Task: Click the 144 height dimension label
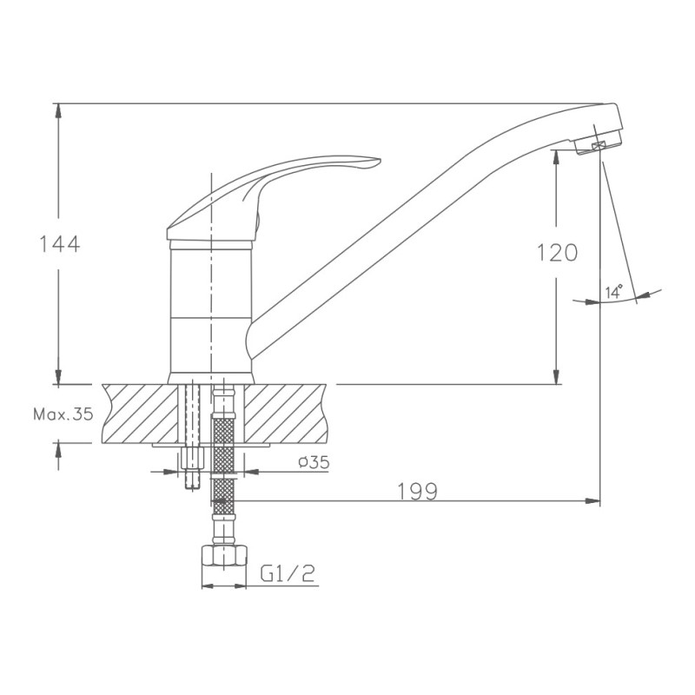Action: coord(60,244)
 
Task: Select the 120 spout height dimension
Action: coord(558,253)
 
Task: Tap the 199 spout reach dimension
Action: coord(418,492)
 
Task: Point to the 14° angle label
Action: coord(614,292)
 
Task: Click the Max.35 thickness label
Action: coord(63,414)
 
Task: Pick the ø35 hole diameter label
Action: coord(314,462)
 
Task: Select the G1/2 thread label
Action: coord(288,573)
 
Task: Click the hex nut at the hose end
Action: coord(224,555)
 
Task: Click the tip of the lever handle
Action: coord(380,161)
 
